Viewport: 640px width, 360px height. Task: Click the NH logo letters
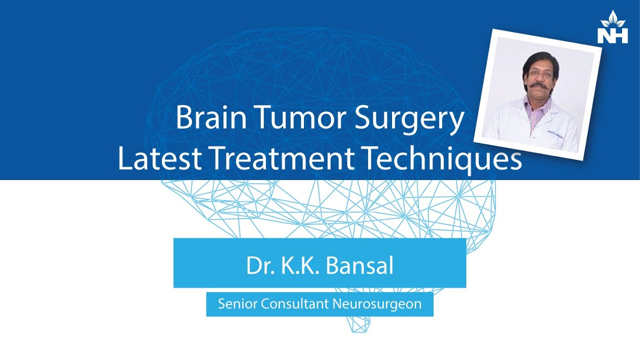pos(612,35)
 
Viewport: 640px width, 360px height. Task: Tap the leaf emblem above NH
pos(612,19)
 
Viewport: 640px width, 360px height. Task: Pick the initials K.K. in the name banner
pos(298,266)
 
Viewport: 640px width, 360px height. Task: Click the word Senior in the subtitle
pos(233,304)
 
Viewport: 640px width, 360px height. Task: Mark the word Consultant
pos(284,304)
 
